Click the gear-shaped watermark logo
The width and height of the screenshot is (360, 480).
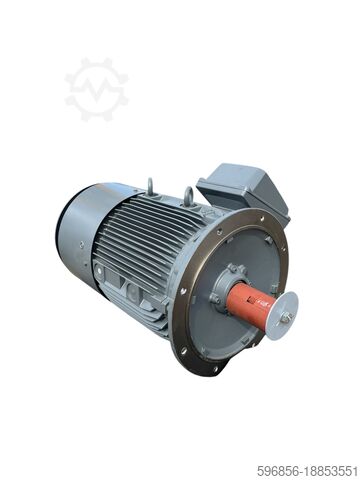(96, 89)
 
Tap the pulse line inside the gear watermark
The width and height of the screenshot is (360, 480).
(96, 90)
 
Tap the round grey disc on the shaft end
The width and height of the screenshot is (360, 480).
(281, 315)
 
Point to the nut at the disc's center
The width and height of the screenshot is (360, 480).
(284, 317)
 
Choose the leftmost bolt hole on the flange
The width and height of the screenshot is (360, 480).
(181, 291)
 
